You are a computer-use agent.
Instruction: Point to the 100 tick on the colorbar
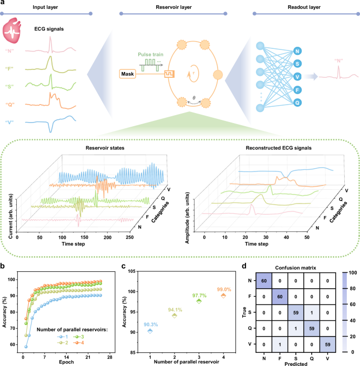click(x=351, y=272)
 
